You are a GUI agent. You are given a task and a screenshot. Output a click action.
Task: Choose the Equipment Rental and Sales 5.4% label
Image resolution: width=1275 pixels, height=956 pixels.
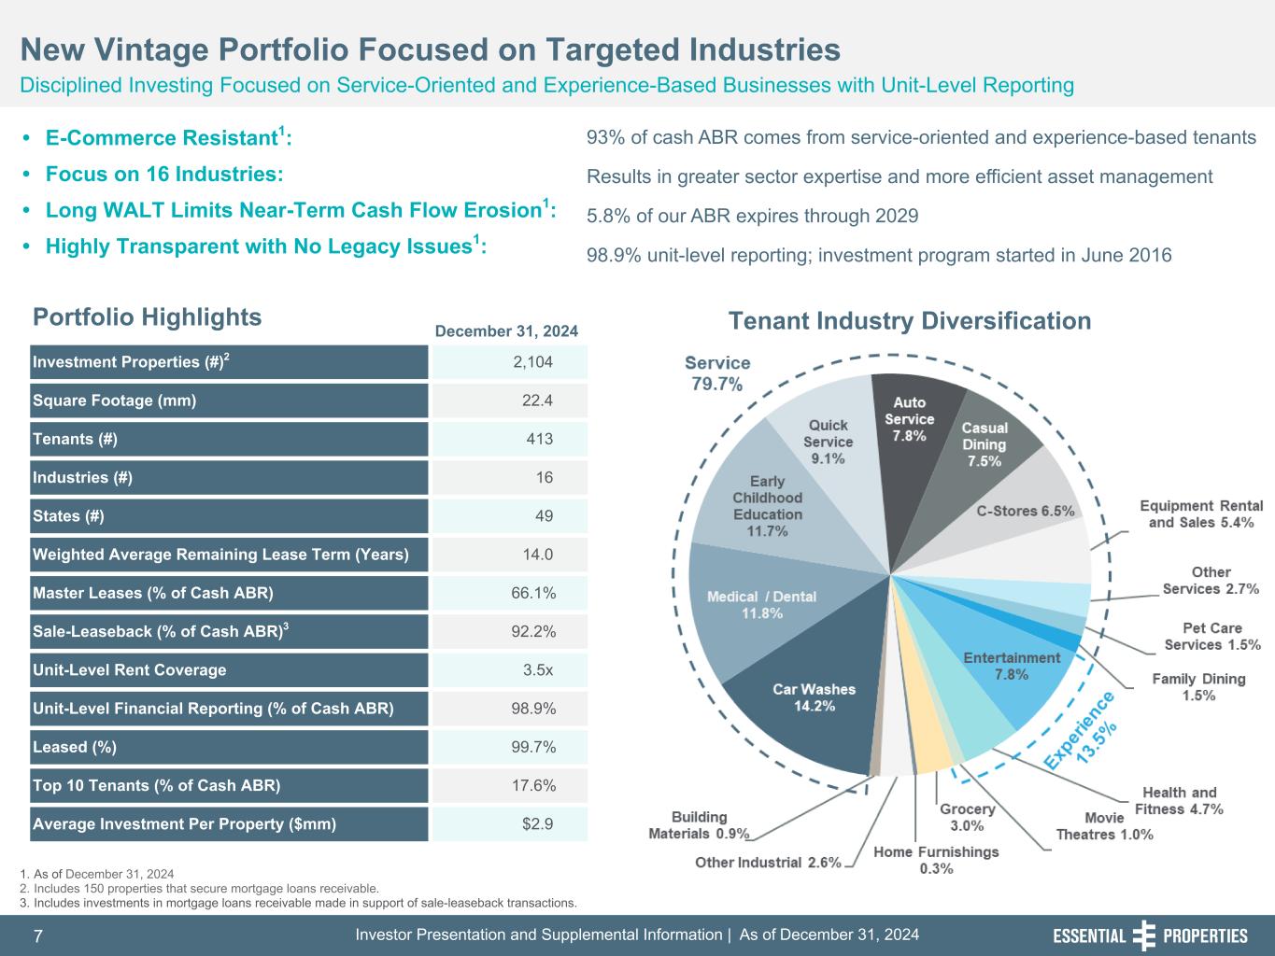tap(1200, 513)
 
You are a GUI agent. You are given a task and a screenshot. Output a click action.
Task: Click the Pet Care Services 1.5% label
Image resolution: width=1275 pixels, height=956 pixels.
tap(1211, 637)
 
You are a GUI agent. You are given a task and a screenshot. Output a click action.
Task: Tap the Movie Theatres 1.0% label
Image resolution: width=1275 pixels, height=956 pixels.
tap(1104, 826)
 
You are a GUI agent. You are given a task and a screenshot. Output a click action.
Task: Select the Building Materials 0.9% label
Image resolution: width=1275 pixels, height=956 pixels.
tap(699, 825)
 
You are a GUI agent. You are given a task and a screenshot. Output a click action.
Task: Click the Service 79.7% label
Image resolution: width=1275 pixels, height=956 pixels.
tap(717, 373)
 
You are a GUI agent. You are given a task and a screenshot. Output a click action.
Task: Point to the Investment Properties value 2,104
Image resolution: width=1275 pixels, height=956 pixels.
tap(532, 362)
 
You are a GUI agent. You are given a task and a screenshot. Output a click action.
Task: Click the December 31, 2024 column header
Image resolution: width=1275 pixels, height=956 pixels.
tap(506, 330)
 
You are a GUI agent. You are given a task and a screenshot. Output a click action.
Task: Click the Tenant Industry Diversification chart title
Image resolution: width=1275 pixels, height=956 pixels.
tap(909, 321)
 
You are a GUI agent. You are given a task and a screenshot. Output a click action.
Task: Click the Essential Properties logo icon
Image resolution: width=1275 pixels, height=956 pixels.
tap(1143, 935)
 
